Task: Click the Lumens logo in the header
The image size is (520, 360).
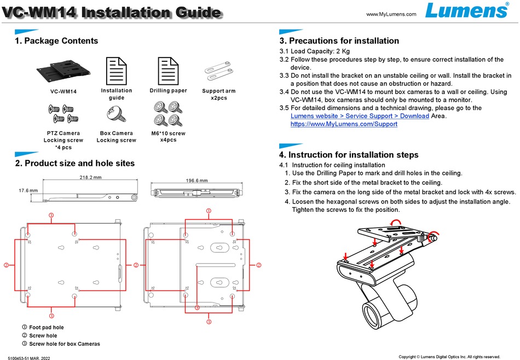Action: (x=468, y=11)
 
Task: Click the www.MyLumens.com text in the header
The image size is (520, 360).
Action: (x=391, y=14)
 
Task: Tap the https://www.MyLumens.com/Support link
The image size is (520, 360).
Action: (x=344, y=124)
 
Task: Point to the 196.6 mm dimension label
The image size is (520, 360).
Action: (x=197, y=180)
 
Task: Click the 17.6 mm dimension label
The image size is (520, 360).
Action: (x=28, y=190)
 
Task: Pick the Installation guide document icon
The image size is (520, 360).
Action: (x=116, y=70)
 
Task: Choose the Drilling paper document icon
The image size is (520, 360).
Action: (x=168, y=70)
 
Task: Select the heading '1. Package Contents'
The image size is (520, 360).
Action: (x=56, y=41)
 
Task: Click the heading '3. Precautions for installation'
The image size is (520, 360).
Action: (x=339, y=41)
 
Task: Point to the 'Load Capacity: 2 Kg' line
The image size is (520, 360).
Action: (x=317, y=51)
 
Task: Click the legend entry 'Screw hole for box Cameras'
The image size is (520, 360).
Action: (x=64, y=344)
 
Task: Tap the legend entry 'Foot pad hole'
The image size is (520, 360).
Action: (x=46, y=327)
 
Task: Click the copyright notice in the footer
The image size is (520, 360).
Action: (x=449, y=357)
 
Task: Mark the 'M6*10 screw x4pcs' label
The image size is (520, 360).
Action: (x=168, y=137)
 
